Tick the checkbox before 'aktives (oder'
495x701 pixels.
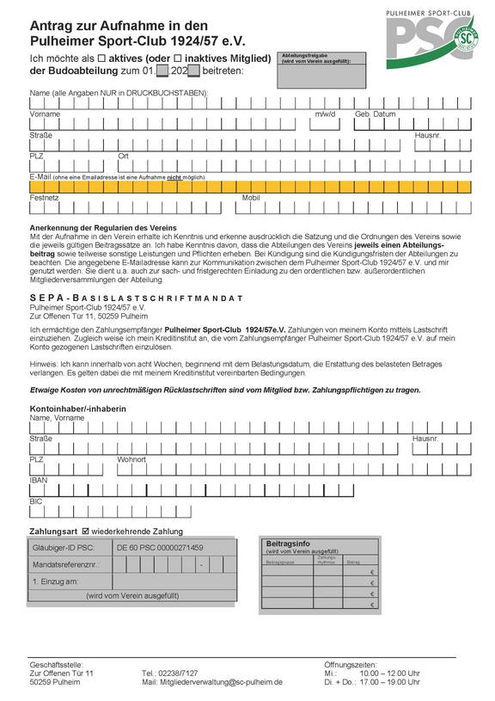point(101,58)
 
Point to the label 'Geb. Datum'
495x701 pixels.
point(376,114)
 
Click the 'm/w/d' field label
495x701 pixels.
point(326,114)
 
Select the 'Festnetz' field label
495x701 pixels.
point(45,198)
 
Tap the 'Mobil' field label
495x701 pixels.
point(251,198)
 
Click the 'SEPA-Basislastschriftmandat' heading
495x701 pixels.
point(136,298)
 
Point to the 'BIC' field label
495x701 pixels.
point(36,501)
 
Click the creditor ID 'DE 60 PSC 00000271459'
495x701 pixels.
point(161,548)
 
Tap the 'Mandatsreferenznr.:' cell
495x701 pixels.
point(65,565)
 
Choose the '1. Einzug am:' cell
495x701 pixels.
point(56,582)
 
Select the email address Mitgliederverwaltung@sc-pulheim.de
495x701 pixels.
point(222,682)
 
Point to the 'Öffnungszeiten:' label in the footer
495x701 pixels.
point(350,664)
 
